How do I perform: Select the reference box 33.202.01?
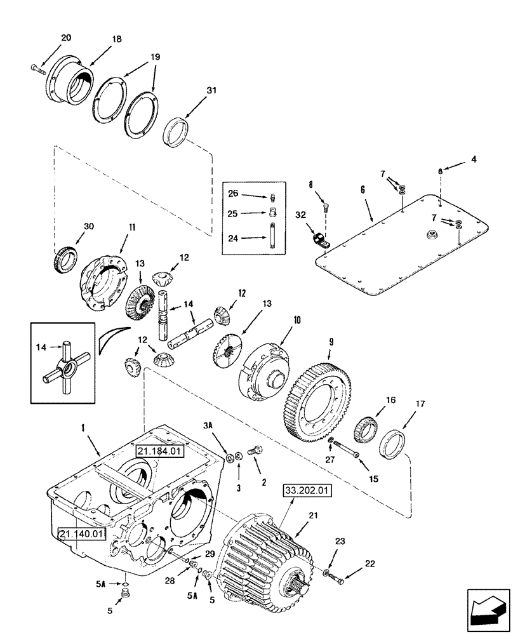pos(307,491)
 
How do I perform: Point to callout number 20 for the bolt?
pos(66,37)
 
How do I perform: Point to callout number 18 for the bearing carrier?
pos(116,38)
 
